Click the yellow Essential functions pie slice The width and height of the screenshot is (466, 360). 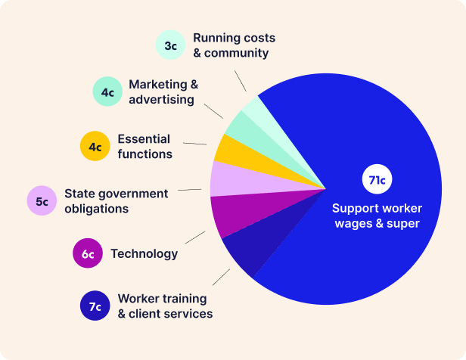(228, 149)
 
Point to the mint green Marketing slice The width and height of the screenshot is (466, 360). (241, 126)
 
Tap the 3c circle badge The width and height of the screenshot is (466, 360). (171, 45)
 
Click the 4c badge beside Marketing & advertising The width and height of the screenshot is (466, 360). (107, 92)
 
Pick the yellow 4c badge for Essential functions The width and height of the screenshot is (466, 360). (95, 147)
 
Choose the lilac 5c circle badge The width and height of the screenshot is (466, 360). (42, 201)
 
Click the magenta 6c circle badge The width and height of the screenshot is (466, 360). (88, 253)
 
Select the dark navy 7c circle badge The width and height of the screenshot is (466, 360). (95, 306)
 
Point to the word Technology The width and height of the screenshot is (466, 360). (144, 253)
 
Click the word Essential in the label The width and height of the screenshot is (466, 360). (144, 139)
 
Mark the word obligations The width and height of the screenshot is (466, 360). (96, 208)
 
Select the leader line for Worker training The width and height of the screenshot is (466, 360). (221, 277)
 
